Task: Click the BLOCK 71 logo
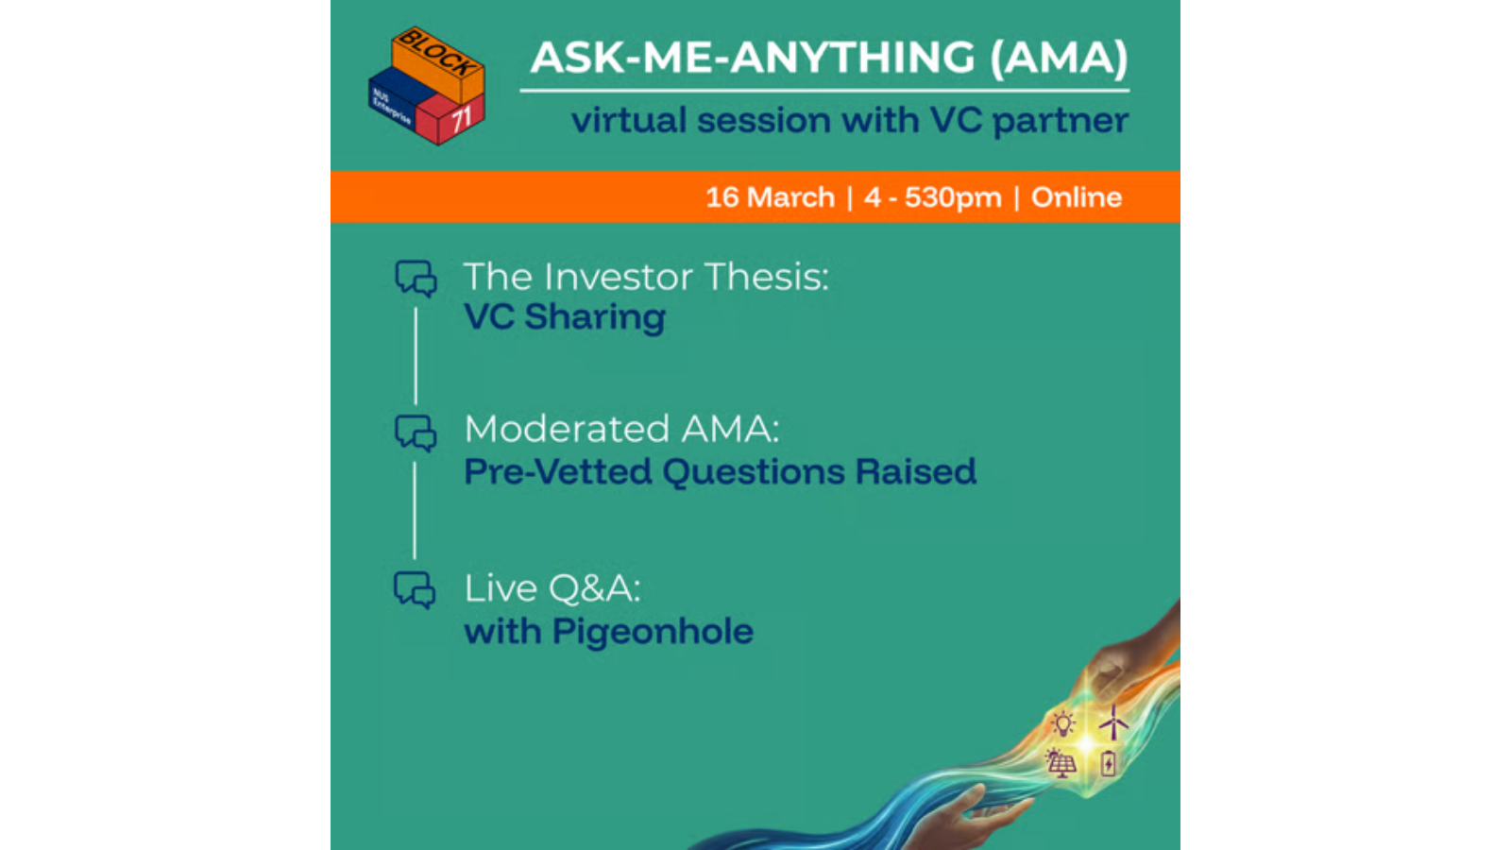(x=426, y=86)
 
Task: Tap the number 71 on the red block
(x=461, y=120)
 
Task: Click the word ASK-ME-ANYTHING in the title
(x=752, y=58)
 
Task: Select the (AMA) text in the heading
(x=1059, y=58)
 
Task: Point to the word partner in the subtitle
(x=1061, y=122)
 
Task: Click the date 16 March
(x=771, y=197)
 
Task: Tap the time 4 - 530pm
(x=933, y=197)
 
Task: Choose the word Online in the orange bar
(x=1077, y=197)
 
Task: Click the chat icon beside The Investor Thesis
(x=416, y=279)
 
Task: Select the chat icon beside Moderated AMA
(x=416, y=433)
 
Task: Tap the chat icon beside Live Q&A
(x=415, y=590)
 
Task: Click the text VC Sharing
(x=565, y=316)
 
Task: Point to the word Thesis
(x=766, y=277)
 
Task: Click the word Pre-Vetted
(x=558, y=471)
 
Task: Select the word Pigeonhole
(x=653, y=632)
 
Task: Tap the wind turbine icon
(x=1113, y=722)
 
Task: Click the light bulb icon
(x=1063, y=723)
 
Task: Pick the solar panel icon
(x=1061, y=763)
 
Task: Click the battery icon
(x=1108, y=764)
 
